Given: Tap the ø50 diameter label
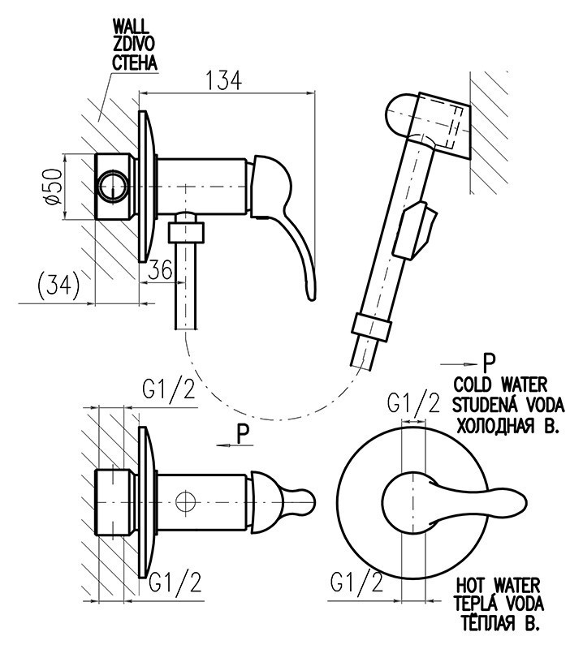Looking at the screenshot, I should (x=54, y=188).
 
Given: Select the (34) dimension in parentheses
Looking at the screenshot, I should (x=58, y=284).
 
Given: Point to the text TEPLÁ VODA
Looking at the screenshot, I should (x=499, y=605).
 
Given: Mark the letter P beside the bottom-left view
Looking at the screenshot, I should (x=243, y=435).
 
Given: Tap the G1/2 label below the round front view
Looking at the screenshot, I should (x=358, y=581).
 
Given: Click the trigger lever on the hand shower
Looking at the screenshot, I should (x=416, y=230).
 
